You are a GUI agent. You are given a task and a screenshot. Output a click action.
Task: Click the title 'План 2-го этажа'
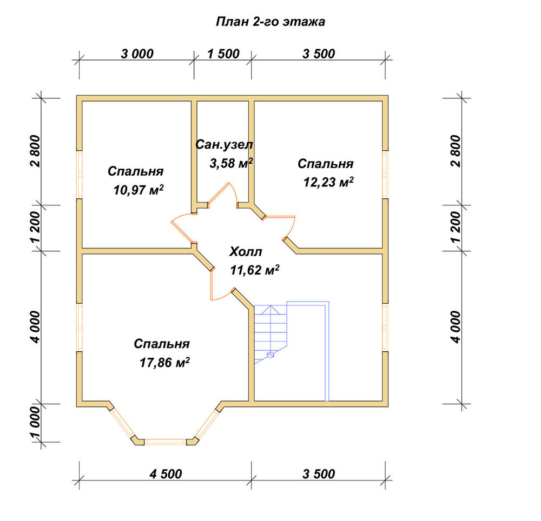point(270,22)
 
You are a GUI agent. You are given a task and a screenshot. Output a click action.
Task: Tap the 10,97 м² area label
point(138,190)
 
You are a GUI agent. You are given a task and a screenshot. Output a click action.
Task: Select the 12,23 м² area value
point(328,182)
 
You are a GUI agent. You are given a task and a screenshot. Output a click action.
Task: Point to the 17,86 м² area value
point(164,363)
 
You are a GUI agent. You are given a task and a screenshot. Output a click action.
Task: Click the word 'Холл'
point(246,251)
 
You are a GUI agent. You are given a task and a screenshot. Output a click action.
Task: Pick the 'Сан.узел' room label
point(225,145)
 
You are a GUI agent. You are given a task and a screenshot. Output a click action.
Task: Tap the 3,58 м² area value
point(231,163)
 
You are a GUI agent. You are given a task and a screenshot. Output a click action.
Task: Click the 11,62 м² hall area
point(255,270)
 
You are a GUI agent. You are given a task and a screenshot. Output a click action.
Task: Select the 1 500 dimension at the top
point(223,54)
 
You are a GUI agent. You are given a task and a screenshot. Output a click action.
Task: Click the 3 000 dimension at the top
point(137,54)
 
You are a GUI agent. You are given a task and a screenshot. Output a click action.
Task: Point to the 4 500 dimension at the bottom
point(166,474)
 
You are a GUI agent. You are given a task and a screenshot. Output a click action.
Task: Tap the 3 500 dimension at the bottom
point(319,474)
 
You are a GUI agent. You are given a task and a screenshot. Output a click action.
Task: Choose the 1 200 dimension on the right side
point(456,227)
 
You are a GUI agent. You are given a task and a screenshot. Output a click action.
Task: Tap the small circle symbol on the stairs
point(270,354)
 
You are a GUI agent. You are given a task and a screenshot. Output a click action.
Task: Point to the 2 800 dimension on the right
point(456,151)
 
